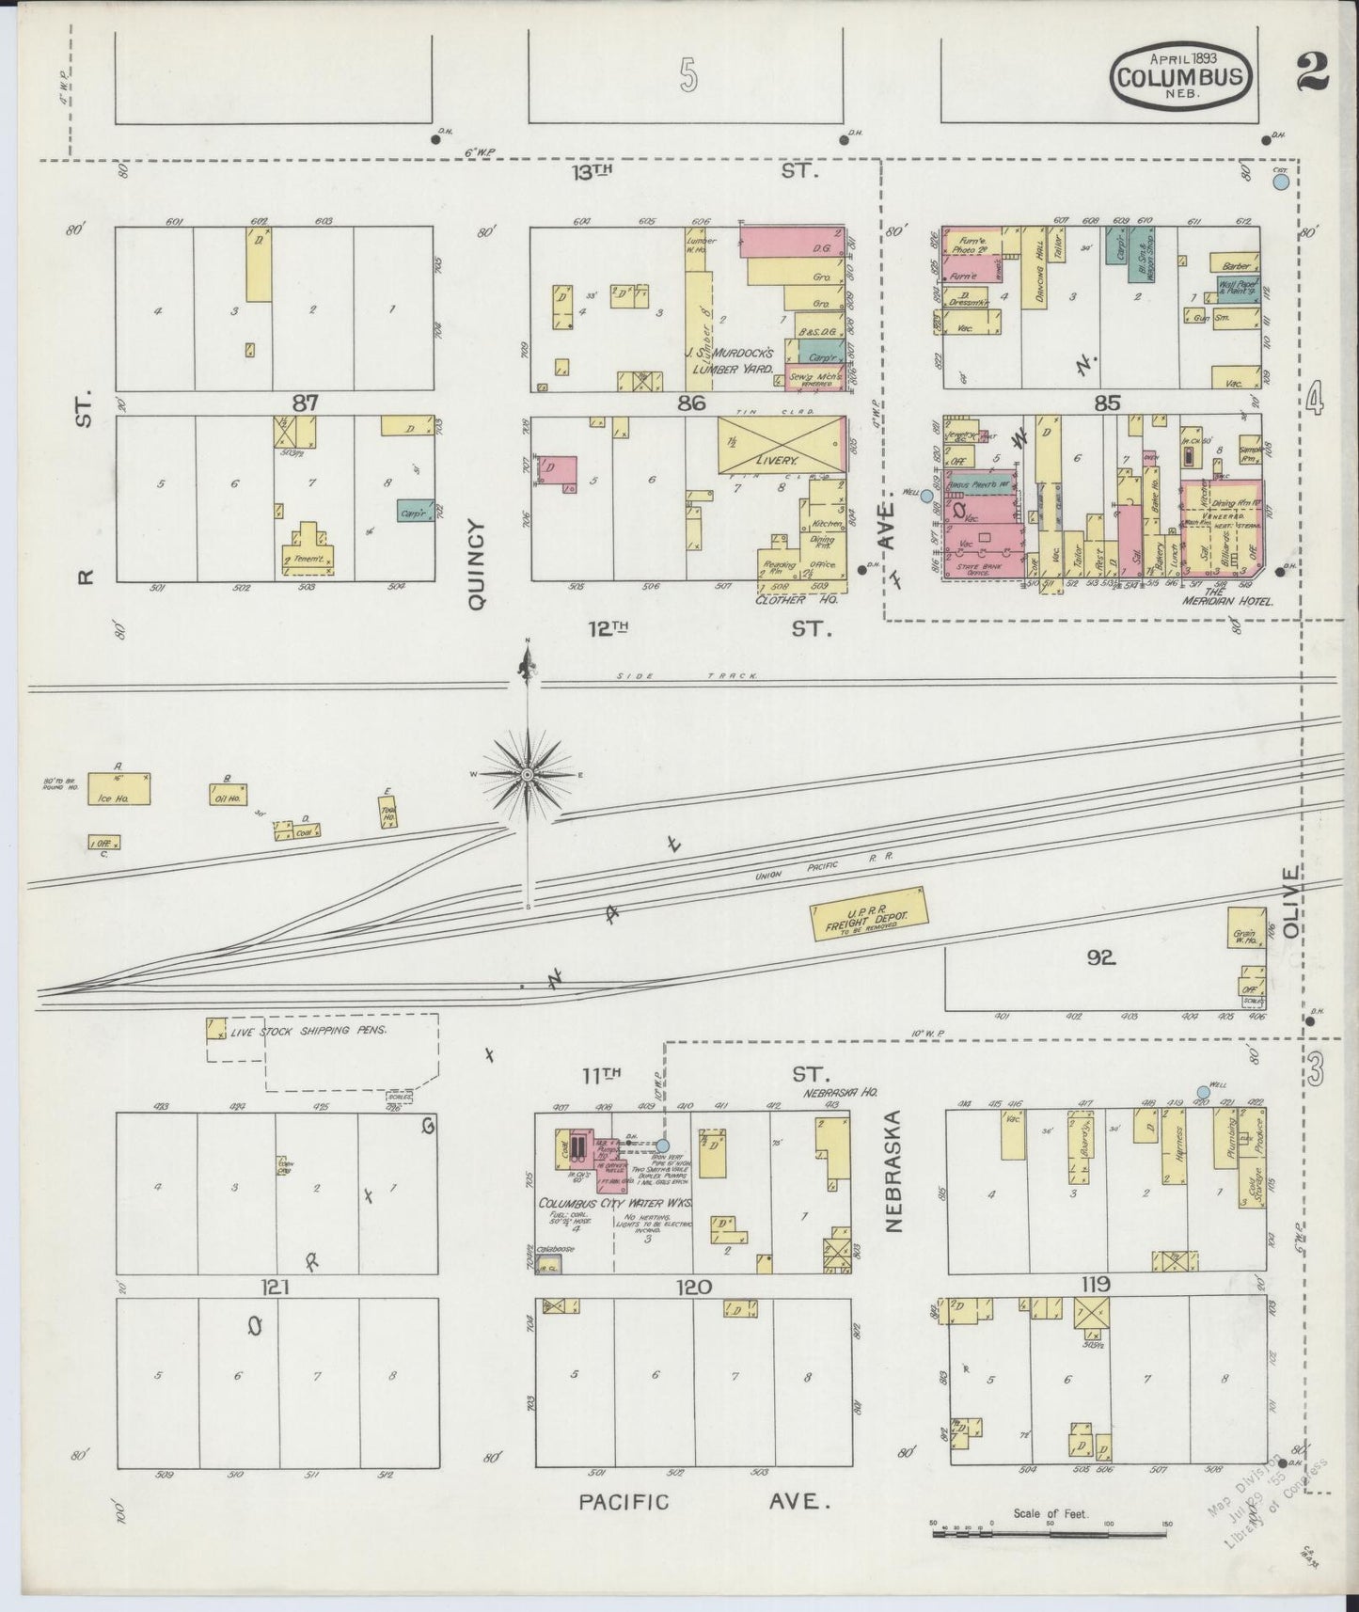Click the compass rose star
tap(528, 774)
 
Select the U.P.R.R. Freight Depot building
tap(869, 915)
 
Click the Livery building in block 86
tap(780, 447)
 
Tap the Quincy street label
tap(475, 565)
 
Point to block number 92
tap(1099, 958)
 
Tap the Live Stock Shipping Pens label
tap(309, 1031)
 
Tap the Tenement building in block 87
tap(308, 553)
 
